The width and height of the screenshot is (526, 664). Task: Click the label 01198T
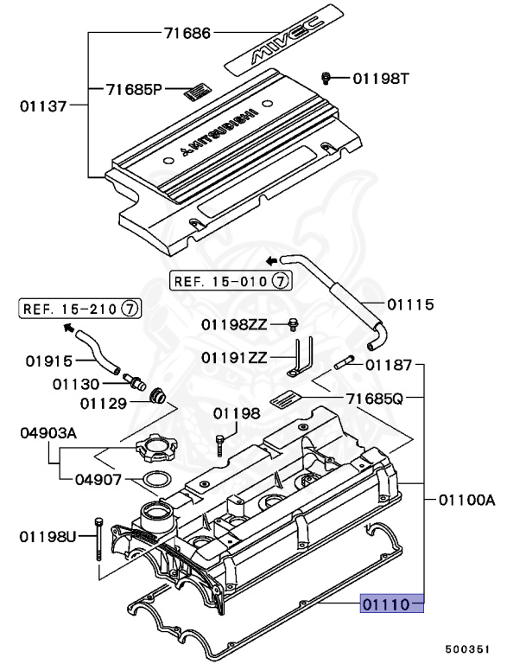pyautogui.click(x=381, y=80)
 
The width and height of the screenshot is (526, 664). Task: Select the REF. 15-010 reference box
pyautogui.click(x=231, y=280)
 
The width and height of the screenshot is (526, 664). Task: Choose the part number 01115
pyautogui.click(x=410, y=304)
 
